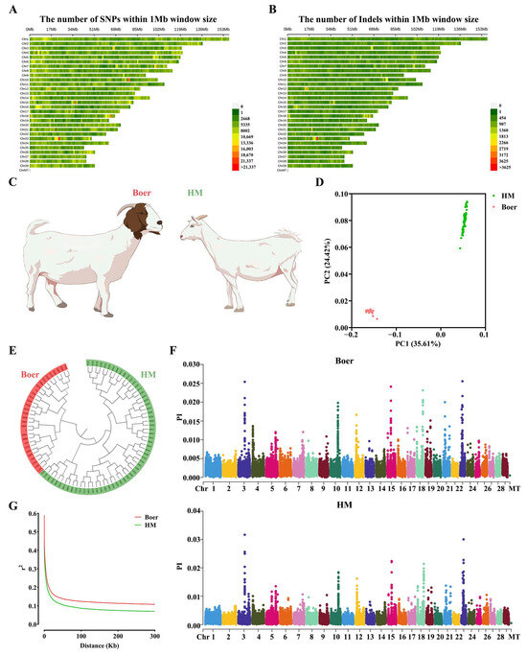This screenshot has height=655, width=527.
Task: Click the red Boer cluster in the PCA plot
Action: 369,311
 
